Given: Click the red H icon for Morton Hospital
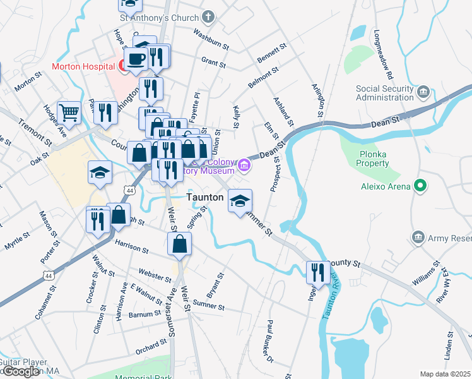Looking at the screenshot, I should pyautogui.click(x=120, y=66).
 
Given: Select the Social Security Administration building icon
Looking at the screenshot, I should pyautogui.click(x=423, y=93).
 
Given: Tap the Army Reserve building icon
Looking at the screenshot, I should pyautogui.click(x=417, y=237).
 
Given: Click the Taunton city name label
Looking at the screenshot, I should pyautogui.click(x=205, y=198).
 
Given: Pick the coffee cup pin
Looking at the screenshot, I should pyautogui.click(x=136, y=59).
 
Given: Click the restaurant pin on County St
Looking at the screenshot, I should pyautogui.click(x=317, y=272).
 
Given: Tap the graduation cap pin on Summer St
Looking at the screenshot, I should pyautogui.click(x=239, y=200).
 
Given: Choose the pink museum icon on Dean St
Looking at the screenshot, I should pyautogui.click(x=244, y=166).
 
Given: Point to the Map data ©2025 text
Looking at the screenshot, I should pyautogui.click(x=445, y=374).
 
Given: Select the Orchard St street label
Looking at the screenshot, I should pyautogui.click(x=150, y=347).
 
